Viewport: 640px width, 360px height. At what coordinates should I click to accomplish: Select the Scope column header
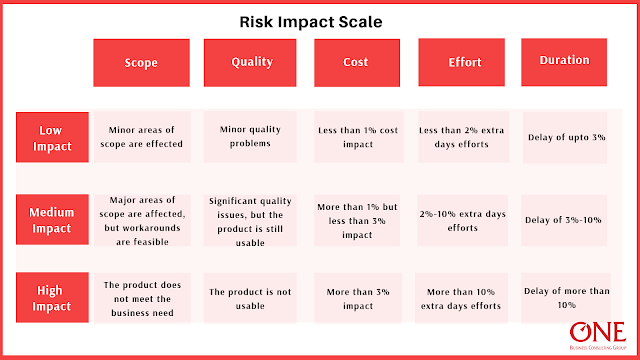pos(141,62)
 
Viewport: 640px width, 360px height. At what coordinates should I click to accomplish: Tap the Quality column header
pos(251,62)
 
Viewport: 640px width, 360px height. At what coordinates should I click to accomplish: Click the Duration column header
pos(564,61)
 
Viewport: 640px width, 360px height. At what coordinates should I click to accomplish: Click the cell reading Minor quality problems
pos(251,136)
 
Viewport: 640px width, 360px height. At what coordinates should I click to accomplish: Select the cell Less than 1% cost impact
pos(359,136)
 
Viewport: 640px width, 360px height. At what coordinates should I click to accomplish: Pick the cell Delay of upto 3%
pos(565,136)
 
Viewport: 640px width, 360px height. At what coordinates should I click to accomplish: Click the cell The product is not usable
pos(251,298)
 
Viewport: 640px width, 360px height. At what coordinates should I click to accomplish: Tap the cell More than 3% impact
pos(359,298)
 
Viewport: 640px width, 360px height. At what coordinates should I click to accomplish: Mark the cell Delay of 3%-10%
pos(565,219)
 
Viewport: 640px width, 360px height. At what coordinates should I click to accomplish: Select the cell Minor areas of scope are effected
pos(141,136)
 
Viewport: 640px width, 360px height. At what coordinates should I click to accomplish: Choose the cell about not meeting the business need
pos(141,298)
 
